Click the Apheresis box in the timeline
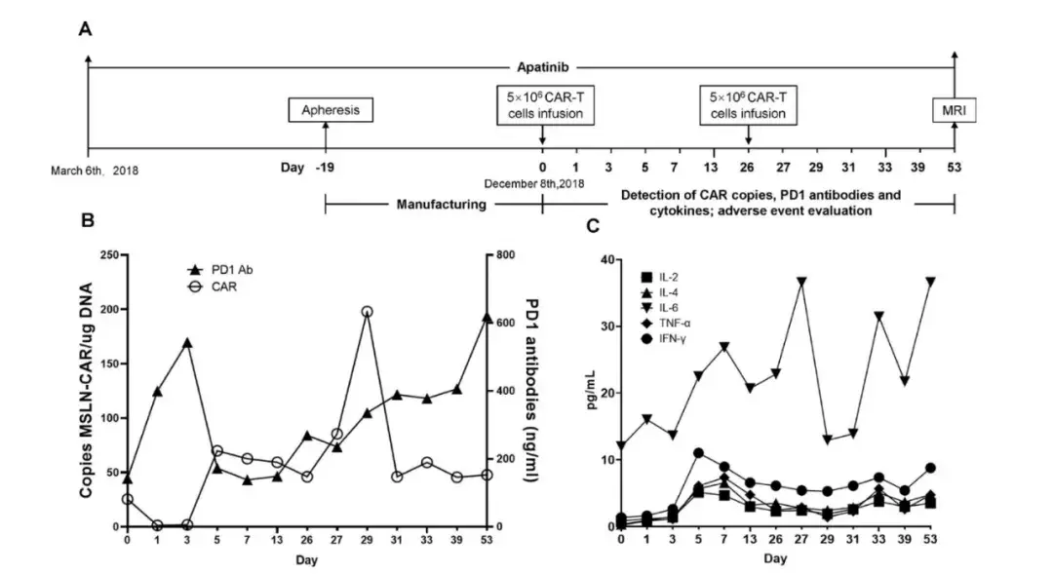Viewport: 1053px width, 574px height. [x=330, y=110]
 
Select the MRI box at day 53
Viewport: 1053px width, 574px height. [x=955, y=110]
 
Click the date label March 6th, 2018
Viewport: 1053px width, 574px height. [x=95, y=171]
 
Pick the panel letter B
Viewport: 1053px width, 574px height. [x=87, y=221]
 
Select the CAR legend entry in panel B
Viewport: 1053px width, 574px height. [x=217, y=287]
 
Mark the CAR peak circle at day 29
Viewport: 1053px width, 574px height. [x=367, y=312]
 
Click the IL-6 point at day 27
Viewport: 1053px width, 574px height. [x=801, y=282]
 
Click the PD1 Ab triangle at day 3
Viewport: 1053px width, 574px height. [x=187, y=343]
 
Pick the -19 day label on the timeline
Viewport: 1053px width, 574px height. [x=325, y=169]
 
